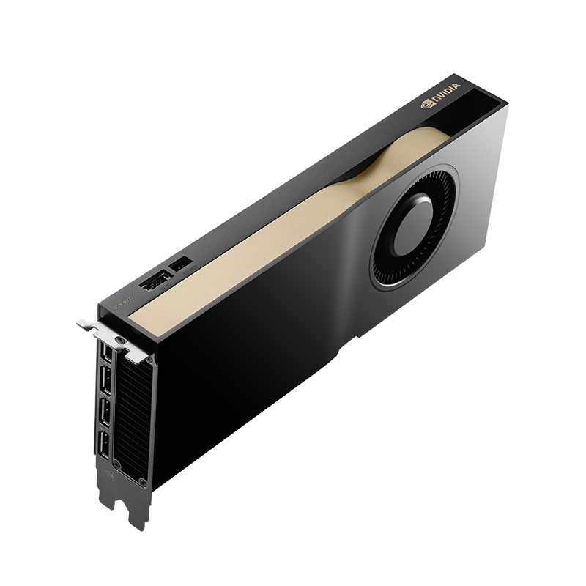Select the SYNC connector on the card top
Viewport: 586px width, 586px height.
pos(155,281)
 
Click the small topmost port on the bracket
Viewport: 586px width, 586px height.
pos(107,353)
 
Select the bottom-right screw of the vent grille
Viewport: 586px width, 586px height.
pos(143,483)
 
